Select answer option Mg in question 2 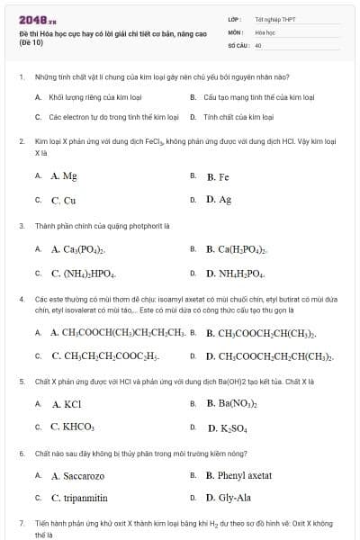click(x=64, y=175)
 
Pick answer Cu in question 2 click(x=63, y=200)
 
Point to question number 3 click(x=21, y=225)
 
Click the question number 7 click(x=21, y=522)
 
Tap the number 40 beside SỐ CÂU click(x=258, y=44)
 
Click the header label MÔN click(x=236, y=31)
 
